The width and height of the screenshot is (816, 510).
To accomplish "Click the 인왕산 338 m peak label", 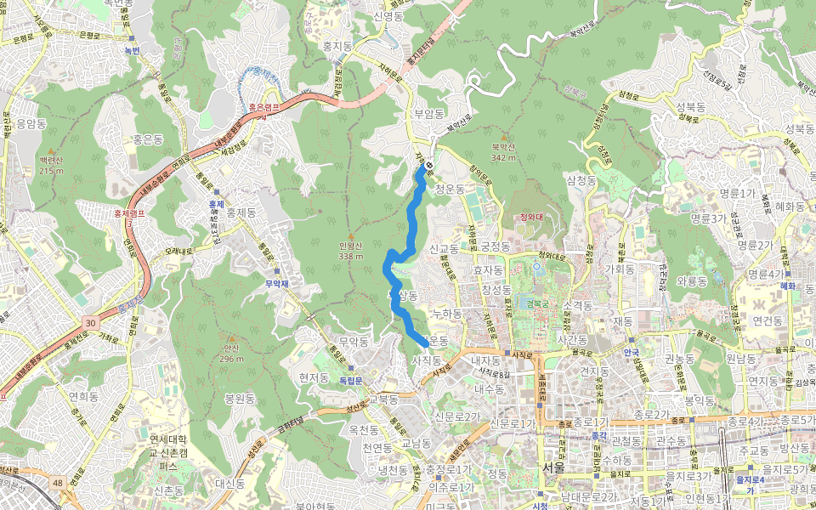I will point(350,251).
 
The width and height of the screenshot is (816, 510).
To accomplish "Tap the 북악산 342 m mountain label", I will point(504,151).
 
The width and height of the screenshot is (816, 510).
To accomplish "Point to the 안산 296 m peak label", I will point(231,353).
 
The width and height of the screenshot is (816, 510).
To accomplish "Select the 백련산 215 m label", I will point(51,165).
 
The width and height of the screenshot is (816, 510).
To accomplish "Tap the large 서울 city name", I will point(552,467).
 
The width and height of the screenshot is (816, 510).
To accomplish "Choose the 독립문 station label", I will point(351,380).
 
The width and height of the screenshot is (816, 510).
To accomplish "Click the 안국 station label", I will point(631,352).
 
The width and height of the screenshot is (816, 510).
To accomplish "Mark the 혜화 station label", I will point(787,286).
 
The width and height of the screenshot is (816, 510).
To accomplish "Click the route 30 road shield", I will point(90,322).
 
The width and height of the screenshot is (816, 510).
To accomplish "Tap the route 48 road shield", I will point(57,483).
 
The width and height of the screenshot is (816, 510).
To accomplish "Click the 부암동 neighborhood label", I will point(429,112).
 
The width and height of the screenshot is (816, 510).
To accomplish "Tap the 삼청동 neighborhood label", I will point(582,180).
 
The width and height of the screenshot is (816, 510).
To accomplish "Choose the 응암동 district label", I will point(31,123).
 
